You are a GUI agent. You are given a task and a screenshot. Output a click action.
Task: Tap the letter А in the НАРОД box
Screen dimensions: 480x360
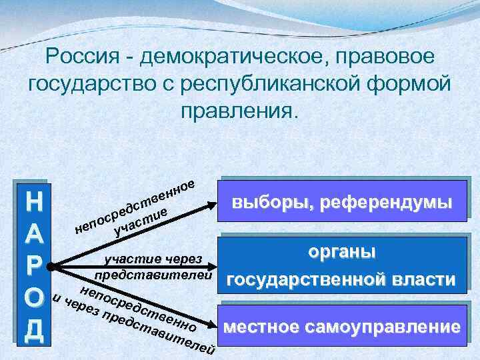click(33, 236)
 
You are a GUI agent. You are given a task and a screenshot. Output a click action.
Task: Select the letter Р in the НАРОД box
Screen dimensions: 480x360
click(33, 267)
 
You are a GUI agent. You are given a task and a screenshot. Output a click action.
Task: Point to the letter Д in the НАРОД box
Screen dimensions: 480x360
click(33, 331)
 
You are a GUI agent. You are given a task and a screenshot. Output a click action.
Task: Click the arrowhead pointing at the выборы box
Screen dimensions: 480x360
click(213, 205)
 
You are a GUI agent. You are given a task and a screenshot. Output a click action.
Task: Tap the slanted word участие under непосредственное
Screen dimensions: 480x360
click(140, 223)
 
